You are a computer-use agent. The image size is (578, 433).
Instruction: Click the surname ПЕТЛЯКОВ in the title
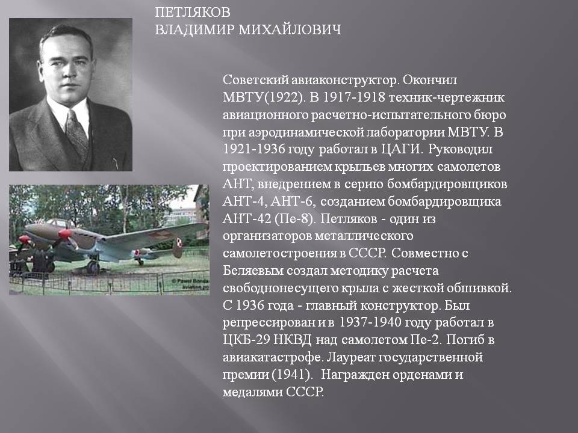(x=193, y=12)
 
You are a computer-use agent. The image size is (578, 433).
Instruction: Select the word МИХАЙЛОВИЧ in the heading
(x=290, y=29)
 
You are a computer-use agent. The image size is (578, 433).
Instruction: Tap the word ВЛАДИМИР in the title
(x=194, y=29)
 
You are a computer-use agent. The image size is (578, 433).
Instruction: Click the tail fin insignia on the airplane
(x=179, y=242)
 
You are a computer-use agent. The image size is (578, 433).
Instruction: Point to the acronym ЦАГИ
(x=401, y=149)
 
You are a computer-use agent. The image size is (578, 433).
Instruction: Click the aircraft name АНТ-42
(x=247, y=219)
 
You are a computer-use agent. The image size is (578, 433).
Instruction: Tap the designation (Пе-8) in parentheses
(x=295, y=219)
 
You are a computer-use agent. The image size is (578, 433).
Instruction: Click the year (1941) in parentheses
(x=292, y=375)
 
